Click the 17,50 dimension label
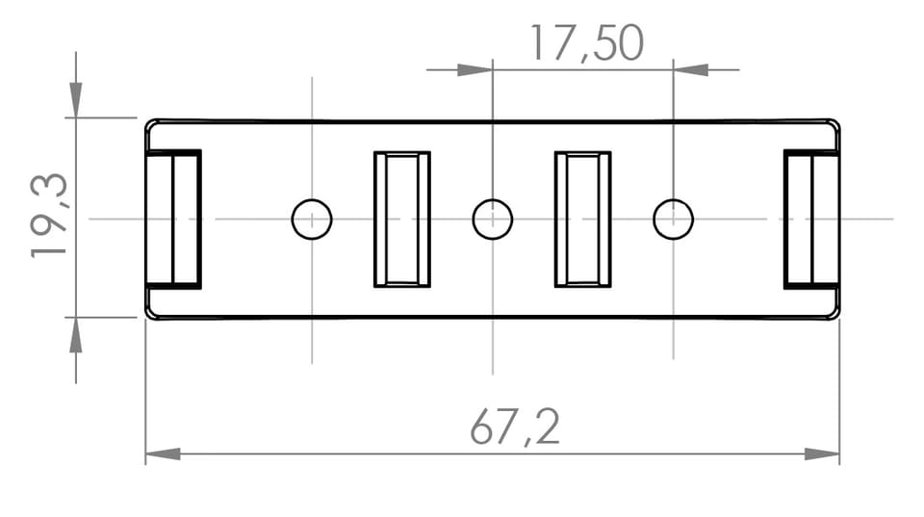(x=587, y=43)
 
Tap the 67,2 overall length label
(x=514, y=427)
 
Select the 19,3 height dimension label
(x=49, y=215)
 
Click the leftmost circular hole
(x=312, y=220)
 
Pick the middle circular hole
(x=493, y=220)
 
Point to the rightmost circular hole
(x=674, y=220)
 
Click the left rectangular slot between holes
(x=402, y=220)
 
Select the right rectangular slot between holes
(x=583, y=220)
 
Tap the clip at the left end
(x=173, y=220)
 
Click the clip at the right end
(x=811, y=220)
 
